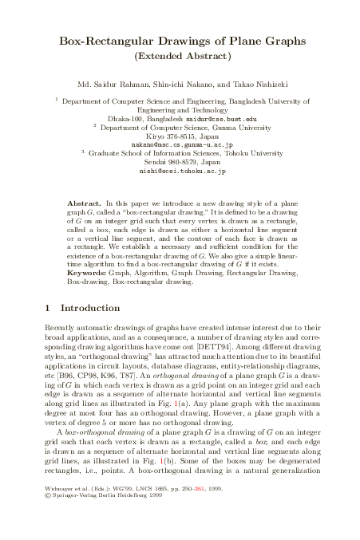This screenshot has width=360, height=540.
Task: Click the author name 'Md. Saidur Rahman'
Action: click(x=109, y=84)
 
